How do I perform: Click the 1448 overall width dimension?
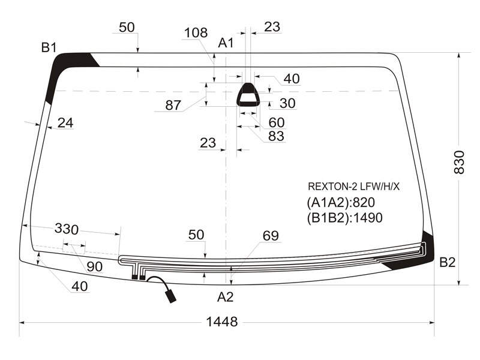[x=222, y=322]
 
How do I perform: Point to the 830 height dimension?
[x=459, y=162]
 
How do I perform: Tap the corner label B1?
[x=49, y=47]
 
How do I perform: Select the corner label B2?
[x=447, y=262]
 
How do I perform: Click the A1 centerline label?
[x=226, y=43]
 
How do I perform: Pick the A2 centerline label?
[x=226, y=297]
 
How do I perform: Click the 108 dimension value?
[x=196, y=32]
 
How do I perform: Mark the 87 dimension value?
[x=173, y=106]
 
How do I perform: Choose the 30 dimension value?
[x=287, y=103]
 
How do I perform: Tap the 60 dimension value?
[x=277, y=122]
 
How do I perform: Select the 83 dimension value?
[x=276, y=136]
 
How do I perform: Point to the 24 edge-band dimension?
[x=65, y=123]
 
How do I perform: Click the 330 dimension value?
[x=67, y=229]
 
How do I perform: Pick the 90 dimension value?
[x=95, y=266]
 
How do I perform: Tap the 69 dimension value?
[x=271, y=236]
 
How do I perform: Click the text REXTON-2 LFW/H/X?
[x=353, y=187]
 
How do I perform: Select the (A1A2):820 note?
[x=341, y=202]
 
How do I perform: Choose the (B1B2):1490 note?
[x=344, y=218]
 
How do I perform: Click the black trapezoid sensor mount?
[x=248, y=95]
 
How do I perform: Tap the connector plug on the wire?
[x=170, y=296]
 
